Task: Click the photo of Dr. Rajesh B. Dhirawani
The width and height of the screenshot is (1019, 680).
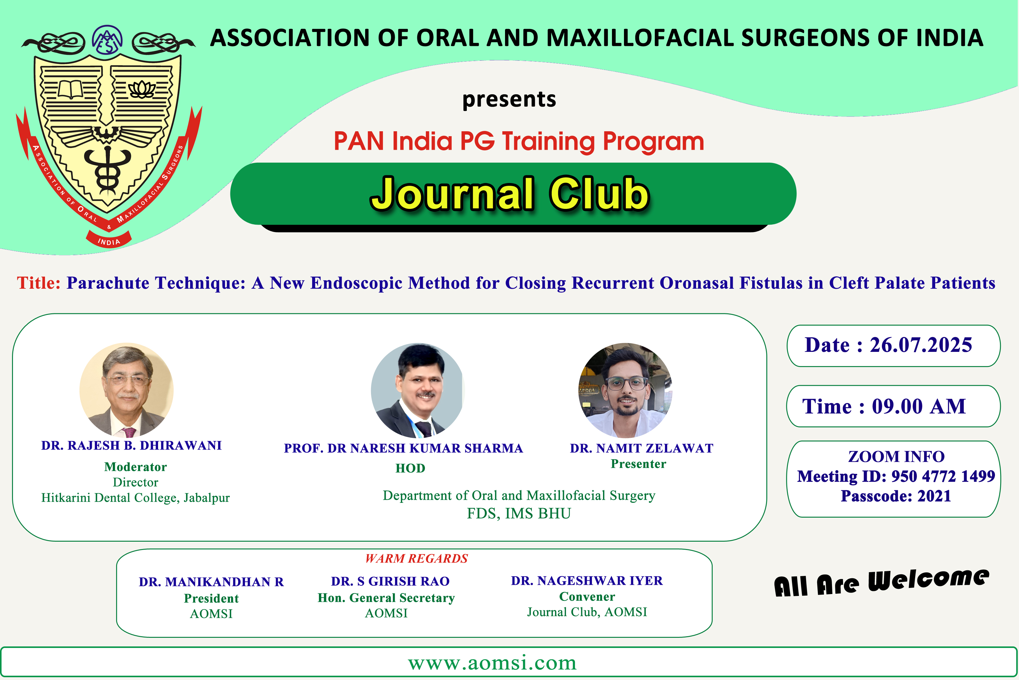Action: tap(127, 389)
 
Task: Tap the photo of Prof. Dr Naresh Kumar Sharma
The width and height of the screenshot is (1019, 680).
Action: tap(418, 390)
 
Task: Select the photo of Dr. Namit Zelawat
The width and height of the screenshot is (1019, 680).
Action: tap(625, 390)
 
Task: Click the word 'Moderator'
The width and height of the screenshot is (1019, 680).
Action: tap(135, 467)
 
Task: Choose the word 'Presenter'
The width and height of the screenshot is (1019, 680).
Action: tap(638, 464)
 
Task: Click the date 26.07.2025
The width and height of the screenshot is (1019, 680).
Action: tap(921, 345)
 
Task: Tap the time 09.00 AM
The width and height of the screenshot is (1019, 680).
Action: tap(919, 406)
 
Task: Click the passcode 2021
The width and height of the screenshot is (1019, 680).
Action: tap(935, 496)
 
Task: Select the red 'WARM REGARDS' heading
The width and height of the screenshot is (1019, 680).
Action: tap(417, 559)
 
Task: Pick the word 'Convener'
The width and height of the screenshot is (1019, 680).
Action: tap(587, 597)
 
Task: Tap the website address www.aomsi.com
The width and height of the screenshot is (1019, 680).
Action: tap(492, 663)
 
